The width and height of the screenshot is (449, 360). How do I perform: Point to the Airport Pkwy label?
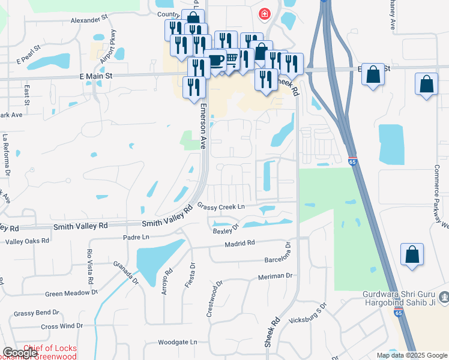110,46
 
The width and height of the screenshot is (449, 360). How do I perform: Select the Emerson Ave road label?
203,127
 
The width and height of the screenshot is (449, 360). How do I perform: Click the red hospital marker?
264,13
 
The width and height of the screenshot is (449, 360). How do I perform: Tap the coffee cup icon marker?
215,61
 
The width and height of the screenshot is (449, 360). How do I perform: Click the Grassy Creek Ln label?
221,207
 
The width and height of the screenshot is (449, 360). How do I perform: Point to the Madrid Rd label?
240,244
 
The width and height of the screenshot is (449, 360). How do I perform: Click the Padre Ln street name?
136,238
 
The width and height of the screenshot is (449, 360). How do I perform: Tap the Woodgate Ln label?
177,342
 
